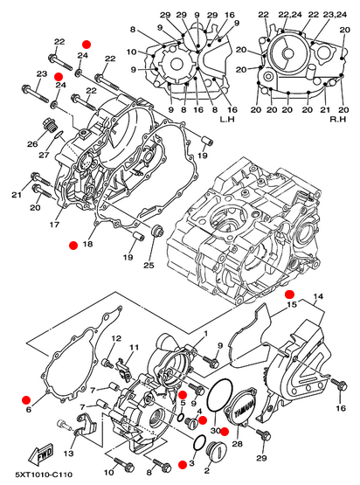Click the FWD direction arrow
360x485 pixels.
pos(41,454)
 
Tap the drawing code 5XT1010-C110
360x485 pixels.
pos(44,475)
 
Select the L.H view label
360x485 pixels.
pos(227,119)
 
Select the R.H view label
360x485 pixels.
pos(338,119)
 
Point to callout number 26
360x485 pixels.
pos(32,144)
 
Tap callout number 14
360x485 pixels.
pos(318,296)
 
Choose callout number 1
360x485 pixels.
pos(205,334)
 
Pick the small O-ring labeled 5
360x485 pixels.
pos(181,418)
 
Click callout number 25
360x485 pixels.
pos(149,265)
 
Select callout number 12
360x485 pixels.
pos(116,338)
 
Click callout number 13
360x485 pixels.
pos(69,454)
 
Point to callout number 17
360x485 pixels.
pos(54,225)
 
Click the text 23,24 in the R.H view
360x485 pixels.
pos(335,15)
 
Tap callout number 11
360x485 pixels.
pos(134,347)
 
